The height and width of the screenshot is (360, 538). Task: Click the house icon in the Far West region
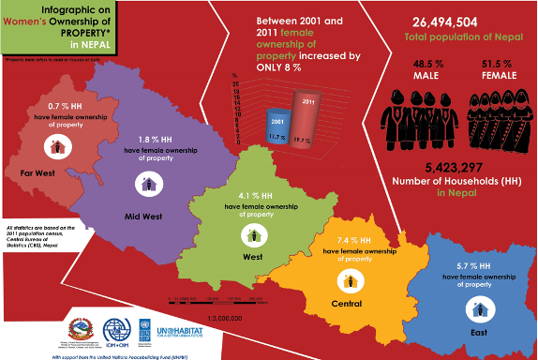point(58,146)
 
